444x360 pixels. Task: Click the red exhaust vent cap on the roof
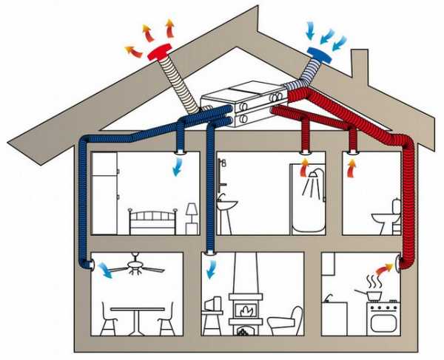[160, 53]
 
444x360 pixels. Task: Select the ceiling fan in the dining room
[137, 267]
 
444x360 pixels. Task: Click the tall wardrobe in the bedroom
[104, 193]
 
